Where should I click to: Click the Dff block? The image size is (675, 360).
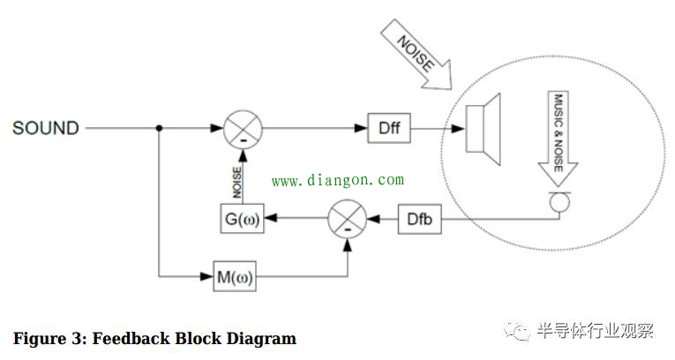(x=389, y=129)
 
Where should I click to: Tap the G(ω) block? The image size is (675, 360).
(x=240, y=218)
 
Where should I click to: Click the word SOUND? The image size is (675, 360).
(x=45, y=129)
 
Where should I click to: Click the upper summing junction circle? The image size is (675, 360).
(x=240, y=129)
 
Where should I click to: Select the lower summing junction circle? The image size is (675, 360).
(x=347, y=218)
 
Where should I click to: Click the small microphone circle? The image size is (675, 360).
(x=558, y=202)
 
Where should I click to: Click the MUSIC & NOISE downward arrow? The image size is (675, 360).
(x=558, y=132)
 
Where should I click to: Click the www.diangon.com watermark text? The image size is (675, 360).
(x=337, y=181)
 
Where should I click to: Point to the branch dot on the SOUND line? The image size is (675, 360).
(x=159, y=129)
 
